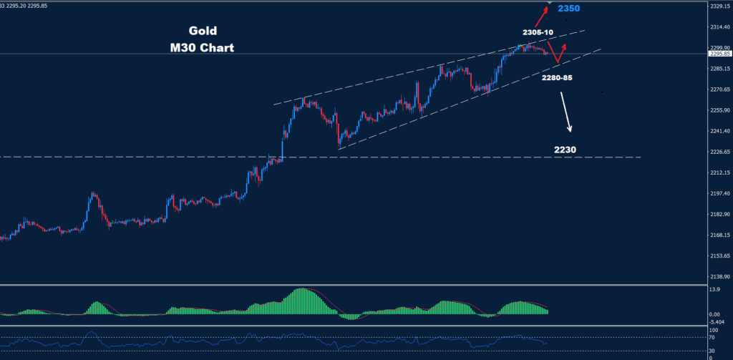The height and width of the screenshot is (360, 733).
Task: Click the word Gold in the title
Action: click(203, 31)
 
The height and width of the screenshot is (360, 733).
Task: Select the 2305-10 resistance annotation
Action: click(538, 32)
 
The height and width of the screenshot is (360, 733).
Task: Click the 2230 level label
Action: click(565, 150)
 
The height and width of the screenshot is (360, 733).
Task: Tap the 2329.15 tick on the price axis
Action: click(717, 6)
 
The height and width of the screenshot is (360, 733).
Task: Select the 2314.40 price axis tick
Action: click(717, 27)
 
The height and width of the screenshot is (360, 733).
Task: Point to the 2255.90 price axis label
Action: click(717, 110)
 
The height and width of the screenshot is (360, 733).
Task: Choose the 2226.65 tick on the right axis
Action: click(717, 152)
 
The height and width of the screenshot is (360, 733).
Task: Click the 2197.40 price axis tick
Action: click(717, 193)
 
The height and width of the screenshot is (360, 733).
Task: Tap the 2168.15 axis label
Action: click(717, 235)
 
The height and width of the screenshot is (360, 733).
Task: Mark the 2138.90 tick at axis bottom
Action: click(717, 276)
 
